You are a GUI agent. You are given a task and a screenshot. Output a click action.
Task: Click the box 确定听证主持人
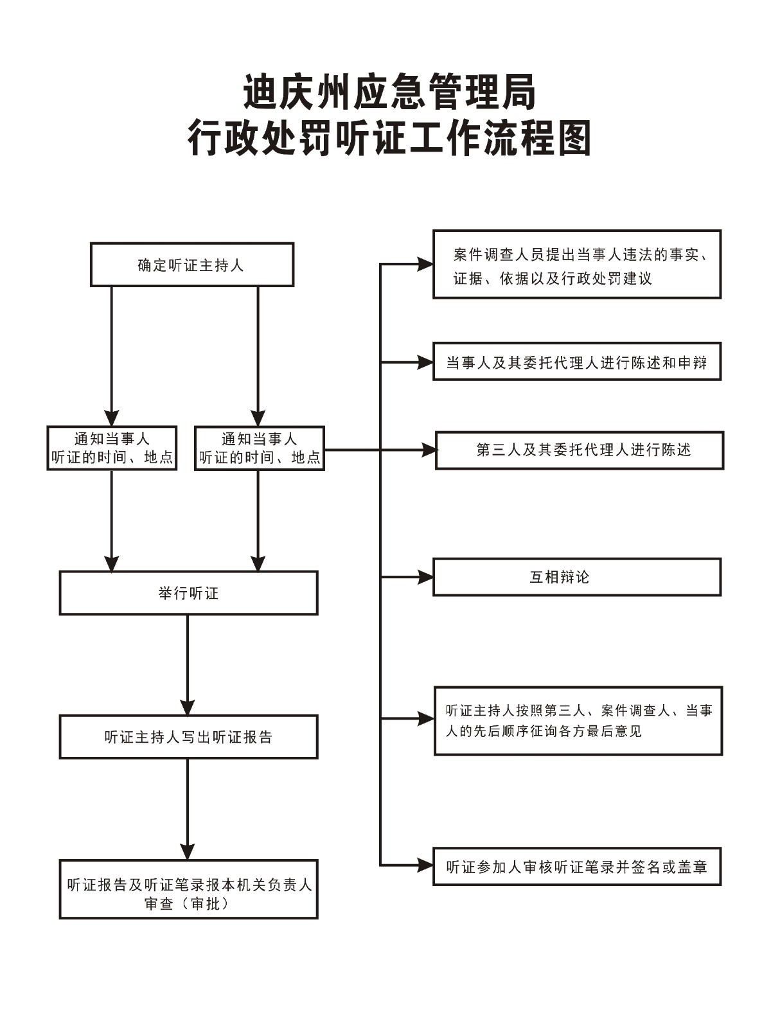pos(191,265)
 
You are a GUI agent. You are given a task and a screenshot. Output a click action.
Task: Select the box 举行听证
pos(188,593)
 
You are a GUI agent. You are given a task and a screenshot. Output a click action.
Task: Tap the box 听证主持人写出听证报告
pos(188,737)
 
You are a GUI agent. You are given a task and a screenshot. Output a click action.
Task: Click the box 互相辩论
pos(577,577)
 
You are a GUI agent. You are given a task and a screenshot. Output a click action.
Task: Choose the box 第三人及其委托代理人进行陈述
pos(580,450)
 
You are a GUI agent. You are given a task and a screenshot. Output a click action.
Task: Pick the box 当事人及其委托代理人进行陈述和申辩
pos(577,362)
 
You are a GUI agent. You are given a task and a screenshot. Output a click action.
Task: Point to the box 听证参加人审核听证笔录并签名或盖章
pos(577,867)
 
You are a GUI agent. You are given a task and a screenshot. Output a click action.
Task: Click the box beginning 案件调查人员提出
pos(577,265)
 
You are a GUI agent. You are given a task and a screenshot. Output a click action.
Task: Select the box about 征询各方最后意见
pos(578,720)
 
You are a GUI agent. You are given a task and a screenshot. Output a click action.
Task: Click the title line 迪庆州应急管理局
pos(389,92)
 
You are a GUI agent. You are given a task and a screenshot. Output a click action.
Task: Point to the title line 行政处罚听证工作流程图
pos(389,138)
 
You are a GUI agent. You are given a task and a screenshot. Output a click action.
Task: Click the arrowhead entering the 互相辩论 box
pos(425,577)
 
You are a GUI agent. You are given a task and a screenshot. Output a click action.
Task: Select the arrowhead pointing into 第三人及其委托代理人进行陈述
pos(429,450)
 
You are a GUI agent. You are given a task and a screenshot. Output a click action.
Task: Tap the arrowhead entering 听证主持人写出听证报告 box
pos(188,707)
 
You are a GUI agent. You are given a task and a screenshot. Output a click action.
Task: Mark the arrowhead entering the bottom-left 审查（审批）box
pos(188,852)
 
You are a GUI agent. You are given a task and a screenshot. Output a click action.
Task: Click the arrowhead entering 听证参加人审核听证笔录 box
pos(425,866)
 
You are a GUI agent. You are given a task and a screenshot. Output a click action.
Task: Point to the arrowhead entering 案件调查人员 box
pos(425,263)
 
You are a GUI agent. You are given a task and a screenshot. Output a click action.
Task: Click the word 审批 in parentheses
pos(206,904)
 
